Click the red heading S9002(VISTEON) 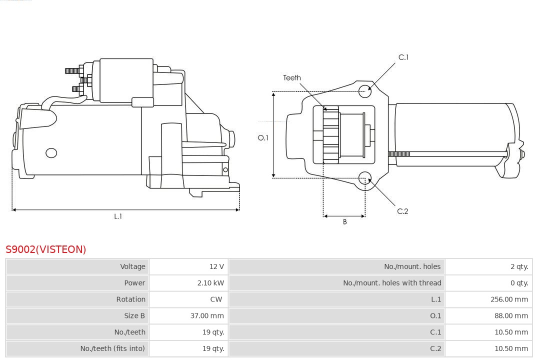point(46,249)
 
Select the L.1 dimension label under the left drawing point(118,216)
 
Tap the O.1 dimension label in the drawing point(263,137)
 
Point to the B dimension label point(344,222)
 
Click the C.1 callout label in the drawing point(403,57)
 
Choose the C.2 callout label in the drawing point(402,211)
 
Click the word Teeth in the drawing point(292,78)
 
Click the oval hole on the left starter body point(51,153)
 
